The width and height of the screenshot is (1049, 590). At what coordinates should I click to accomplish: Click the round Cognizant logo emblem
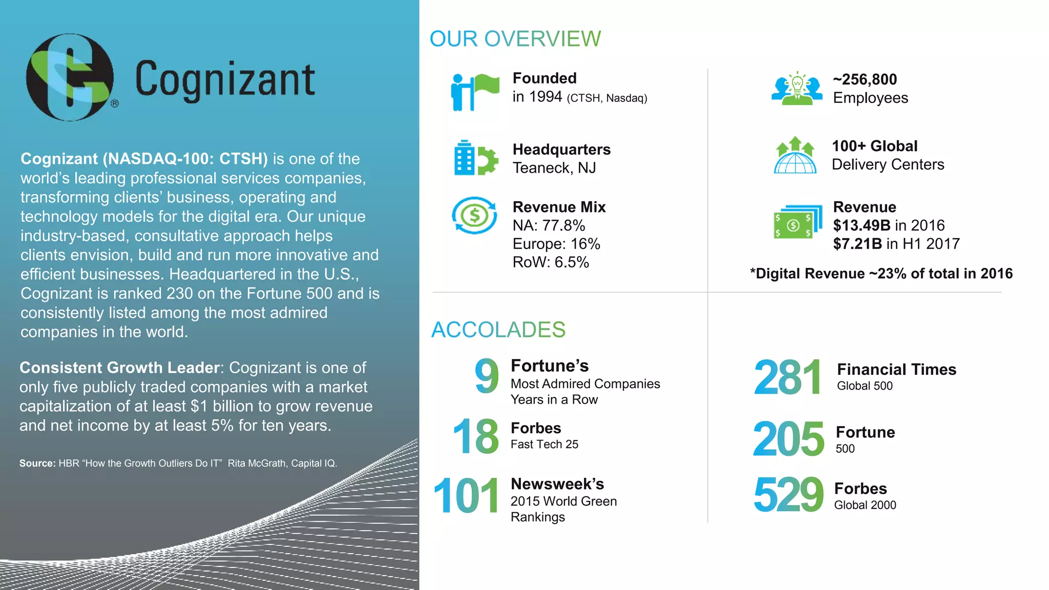[70, 77]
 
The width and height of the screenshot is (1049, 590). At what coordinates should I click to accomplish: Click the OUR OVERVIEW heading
[515, 39]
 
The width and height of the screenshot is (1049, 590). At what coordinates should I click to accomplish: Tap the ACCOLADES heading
[498, 330]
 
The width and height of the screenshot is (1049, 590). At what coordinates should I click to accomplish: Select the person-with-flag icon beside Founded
[474, 92]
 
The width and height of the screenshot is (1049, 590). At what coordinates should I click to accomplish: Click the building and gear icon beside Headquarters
[475, 158]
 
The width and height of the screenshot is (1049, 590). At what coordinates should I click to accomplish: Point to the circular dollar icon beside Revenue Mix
[474, 215]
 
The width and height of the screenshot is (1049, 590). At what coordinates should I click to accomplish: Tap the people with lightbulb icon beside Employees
[796, 89]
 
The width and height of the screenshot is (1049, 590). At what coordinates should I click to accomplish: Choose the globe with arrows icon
[795, 155]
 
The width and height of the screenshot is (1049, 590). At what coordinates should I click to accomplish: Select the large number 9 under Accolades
[486, 376]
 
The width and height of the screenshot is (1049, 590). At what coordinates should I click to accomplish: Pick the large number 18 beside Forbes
[476, 436]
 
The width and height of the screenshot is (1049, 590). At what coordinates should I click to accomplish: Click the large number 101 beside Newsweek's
[466, 495]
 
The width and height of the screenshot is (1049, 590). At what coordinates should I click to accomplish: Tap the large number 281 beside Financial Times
[787, 377]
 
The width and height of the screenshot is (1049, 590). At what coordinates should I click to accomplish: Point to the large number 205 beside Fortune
[788, 439]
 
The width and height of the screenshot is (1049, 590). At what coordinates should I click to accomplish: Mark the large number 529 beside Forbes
[788, 495]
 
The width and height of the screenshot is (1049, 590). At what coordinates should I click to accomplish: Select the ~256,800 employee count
[865, 79]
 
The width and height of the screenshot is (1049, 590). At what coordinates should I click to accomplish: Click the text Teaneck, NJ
[554, 168]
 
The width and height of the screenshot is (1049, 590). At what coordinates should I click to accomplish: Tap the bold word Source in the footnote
[37, 463]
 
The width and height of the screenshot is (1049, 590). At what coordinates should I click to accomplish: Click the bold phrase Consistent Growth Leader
[120, 368]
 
